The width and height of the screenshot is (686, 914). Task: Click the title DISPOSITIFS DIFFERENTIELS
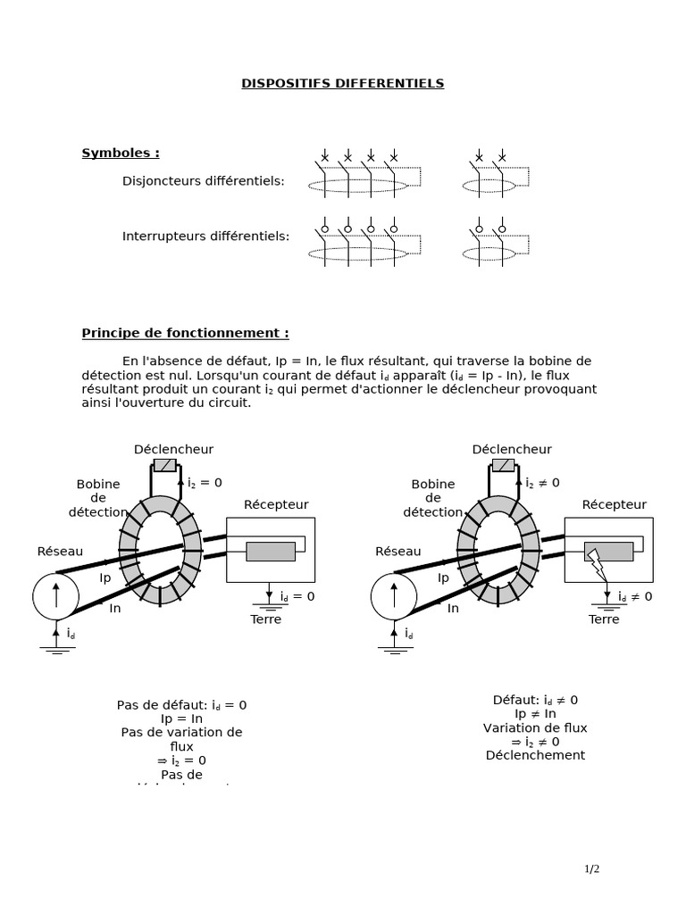pos(342,84)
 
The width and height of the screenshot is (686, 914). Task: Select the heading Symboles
pos(121,153)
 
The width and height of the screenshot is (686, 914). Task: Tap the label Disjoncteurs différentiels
pos(204,181)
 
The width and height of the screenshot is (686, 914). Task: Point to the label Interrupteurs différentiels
pos(206,237)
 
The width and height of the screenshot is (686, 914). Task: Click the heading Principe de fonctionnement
pos(185,333)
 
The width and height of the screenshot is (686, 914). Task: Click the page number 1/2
pos(592,868)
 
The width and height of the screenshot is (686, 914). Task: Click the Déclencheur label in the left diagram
pos(173,449)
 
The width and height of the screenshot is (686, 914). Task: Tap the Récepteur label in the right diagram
pos(614,504)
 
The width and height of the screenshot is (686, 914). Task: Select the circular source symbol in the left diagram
pos(55,595)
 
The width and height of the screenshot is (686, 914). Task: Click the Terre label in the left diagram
pos(265,619)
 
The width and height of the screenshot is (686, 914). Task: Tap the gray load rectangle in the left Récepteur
pos(270,552)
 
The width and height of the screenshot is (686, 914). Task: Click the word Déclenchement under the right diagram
pos(535,755)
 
